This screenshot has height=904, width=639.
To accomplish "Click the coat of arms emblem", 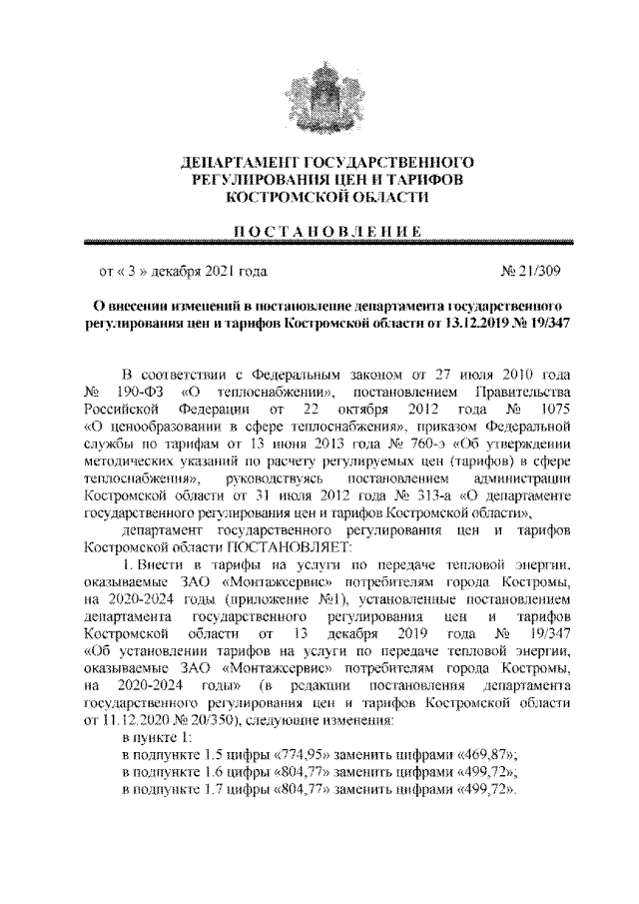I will (319, 96).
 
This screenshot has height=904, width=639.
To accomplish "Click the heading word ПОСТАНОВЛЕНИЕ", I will (319, 232).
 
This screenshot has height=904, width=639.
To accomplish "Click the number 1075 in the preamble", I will (555, 407).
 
